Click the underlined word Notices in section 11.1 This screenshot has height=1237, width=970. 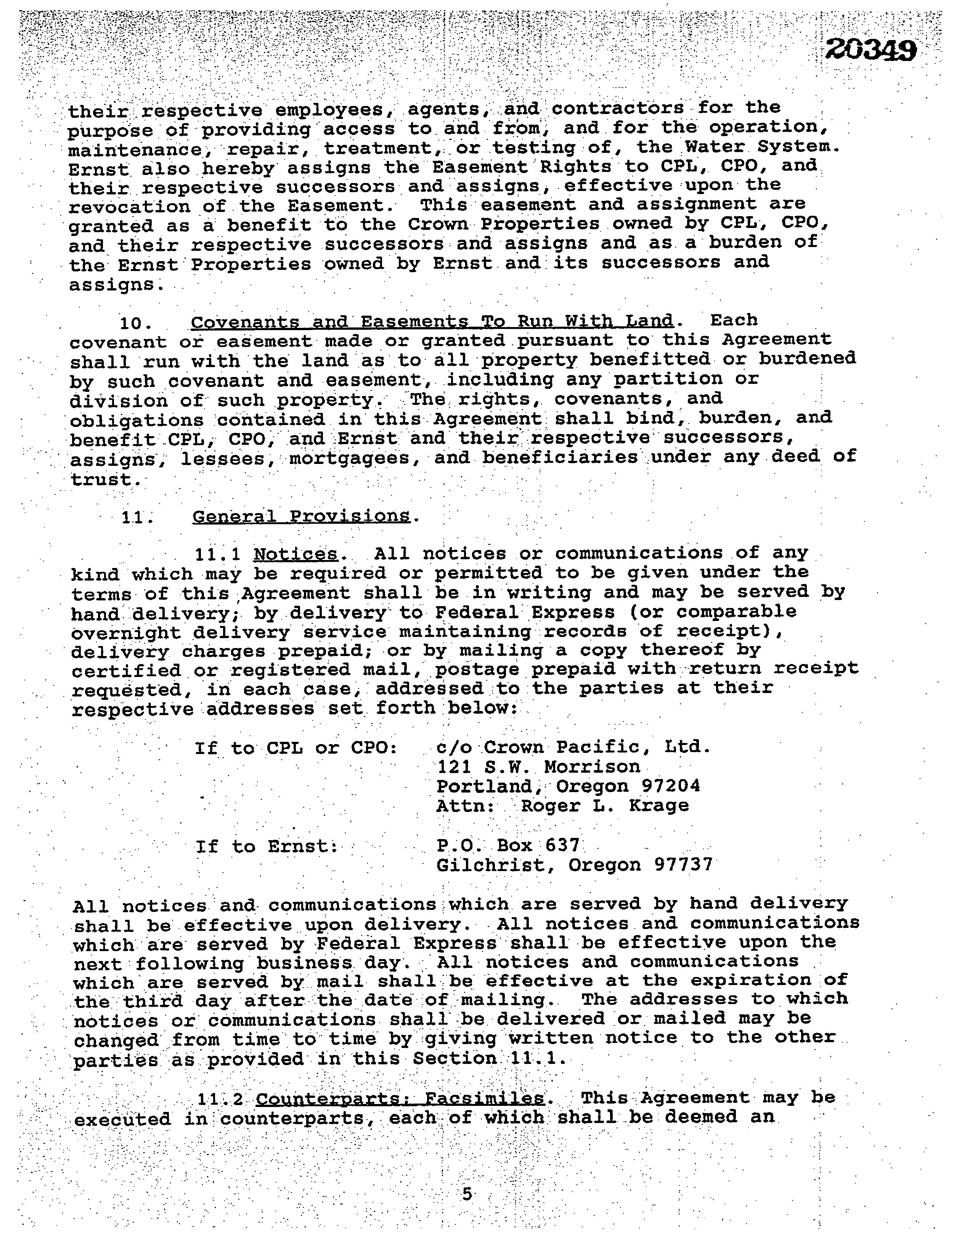(295, 554)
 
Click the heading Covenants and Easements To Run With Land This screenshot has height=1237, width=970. (432, 321)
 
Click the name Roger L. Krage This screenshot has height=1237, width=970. (605, 805)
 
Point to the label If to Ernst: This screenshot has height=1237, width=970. (267, 846)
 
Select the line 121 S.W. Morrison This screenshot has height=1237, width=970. (538, 767)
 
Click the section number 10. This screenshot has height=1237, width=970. (135, 324)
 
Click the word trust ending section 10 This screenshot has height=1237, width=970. (104, 480)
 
